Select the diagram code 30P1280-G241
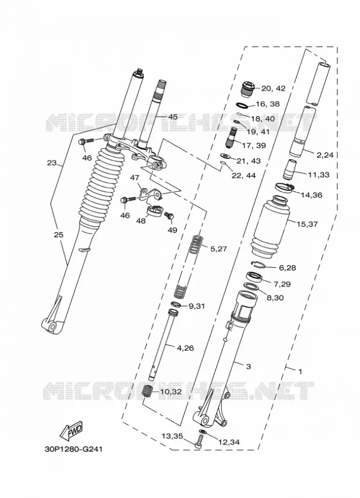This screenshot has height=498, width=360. tap(74, 449)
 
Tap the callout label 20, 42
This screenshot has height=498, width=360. tap(273, 89)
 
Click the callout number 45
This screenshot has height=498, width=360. tap(173, 117)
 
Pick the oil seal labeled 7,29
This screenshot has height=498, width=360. tap(254, 277)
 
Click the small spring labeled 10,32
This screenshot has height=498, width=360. tap(147, 390)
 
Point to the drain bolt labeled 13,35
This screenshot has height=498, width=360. tap(199, 442)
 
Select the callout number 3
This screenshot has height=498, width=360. tap(248, 366)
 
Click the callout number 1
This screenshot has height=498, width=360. tap(300, 371)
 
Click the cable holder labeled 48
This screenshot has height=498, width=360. tap(154, 211)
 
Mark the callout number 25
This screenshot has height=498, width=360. tap(59, 235)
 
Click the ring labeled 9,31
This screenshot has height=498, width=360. tap(176, 304)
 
